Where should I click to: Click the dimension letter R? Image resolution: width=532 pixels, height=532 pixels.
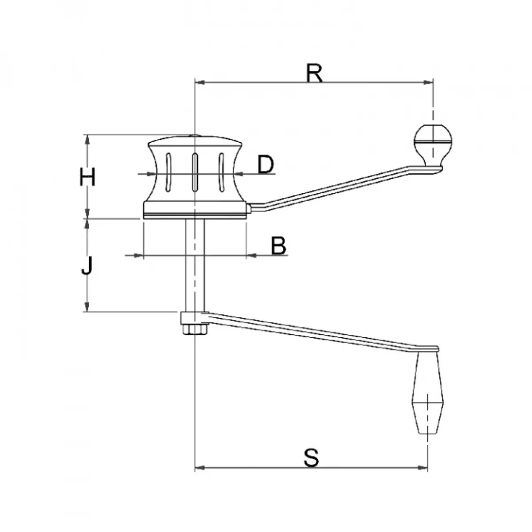tap(314, 73)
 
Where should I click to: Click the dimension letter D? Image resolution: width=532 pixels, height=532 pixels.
tap(266, 164)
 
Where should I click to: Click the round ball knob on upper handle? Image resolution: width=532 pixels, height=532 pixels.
tap(432, 140)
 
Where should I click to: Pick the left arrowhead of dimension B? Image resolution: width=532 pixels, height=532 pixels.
tap(139, 255)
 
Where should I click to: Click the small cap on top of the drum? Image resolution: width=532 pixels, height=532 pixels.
tap(194, 137)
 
